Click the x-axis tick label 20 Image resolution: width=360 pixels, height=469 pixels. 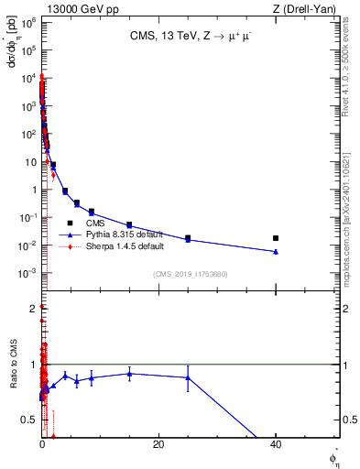click(158, 444)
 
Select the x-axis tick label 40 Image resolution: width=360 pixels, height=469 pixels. click(275, 444)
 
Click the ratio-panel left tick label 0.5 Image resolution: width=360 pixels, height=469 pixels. click(30, 420)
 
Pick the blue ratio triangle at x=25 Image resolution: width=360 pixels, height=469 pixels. click(188, 377)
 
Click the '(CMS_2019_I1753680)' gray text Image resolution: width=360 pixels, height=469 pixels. click(190, 273)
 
